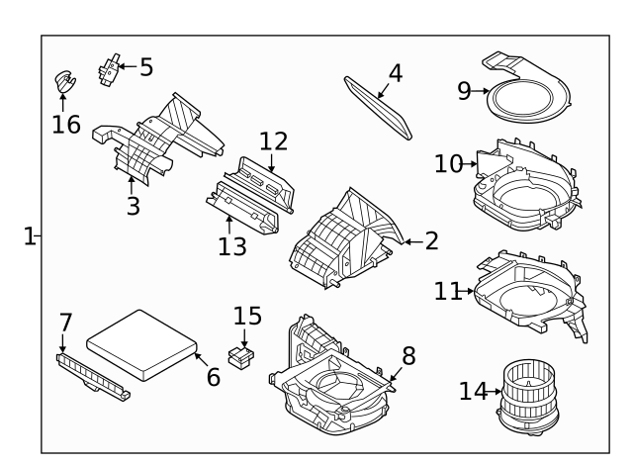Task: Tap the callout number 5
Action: pos(146,67)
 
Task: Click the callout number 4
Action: pos(395,72)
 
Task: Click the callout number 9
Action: pos(465,91)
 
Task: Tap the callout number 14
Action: pos(473,392)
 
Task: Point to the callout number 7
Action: pos(65,323)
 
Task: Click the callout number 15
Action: pos(247,317)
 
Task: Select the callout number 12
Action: pos(273,141)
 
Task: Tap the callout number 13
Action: pos(232,245)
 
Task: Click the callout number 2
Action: pos(430,240)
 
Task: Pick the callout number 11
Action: pos(447,291)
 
